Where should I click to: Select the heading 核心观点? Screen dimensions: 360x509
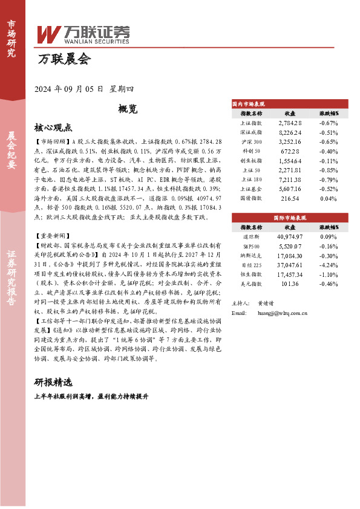coord(54,128)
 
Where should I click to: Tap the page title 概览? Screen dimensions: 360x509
coord(128,109)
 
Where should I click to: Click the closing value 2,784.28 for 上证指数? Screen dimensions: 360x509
coord(290,123)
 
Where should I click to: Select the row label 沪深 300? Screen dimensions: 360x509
coord(251,141)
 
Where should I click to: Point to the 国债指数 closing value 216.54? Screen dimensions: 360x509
coord(290,198)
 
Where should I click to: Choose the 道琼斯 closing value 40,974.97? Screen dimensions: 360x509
coord(290,237)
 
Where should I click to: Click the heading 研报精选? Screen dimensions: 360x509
coord(53,382)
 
